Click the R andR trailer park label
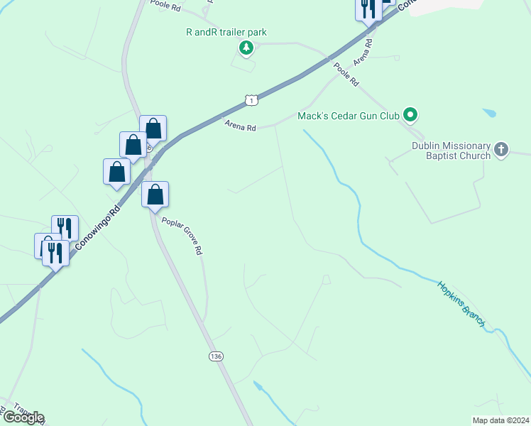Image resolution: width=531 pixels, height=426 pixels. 226,33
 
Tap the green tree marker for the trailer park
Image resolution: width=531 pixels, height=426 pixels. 246,48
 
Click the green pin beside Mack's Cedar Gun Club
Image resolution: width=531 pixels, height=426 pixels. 410,114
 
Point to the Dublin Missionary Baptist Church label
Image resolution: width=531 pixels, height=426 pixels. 451,151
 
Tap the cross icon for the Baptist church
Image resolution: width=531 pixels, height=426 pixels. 502,150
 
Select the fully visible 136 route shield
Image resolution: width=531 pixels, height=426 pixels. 216,354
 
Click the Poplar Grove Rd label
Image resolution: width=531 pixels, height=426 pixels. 182,236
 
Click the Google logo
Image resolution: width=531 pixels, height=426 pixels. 23,417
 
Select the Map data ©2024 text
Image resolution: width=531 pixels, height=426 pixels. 500,420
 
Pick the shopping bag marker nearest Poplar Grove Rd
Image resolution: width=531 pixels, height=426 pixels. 155,194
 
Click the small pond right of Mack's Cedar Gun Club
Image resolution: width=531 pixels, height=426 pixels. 489,112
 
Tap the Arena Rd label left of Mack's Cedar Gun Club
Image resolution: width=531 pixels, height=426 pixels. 240,127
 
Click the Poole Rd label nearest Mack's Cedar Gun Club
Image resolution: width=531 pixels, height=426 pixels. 346,74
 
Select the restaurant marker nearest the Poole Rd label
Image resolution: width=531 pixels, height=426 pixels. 367,8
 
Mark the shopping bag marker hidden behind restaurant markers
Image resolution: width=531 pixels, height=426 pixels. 43,244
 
